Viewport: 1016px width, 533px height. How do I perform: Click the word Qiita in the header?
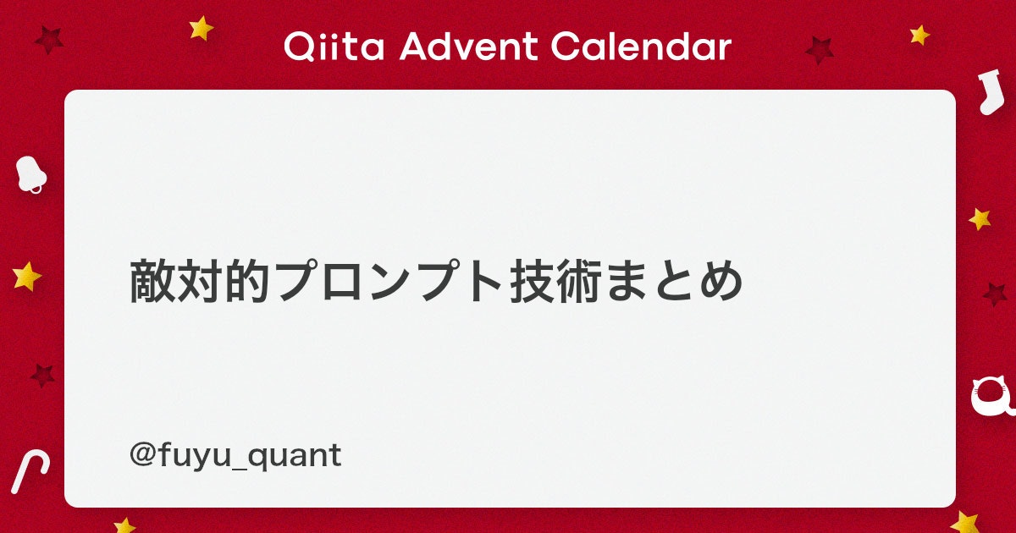334,47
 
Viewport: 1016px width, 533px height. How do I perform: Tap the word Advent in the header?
468,47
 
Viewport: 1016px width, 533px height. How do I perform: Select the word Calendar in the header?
641,47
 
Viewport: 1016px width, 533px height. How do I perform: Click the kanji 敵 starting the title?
152,281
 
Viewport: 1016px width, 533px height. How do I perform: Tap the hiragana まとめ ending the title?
675,281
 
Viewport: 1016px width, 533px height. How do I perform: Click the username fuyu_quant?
250,456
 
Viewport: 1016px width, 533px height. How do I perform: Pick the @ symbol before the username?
142,455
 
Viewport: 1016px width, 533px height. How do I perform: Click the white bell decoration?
30,174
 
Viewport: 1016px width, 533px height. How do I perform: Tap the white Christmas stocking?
991,92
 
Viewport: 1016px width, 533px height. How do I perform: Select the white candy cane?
29,472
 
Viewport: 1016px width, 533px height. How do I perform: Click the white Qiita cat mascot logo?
991,395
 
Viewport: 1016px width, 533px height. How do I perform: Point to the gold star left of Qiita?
201,29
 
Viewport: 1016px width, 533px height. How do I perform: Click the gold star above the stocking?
919,35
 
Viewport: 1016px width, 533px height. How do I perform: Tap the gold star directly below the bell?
27,277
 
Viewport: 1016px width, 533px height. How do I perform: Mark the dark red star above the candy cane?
42,376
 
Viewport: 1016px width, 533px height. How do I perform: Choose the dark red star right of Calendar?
820,50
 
